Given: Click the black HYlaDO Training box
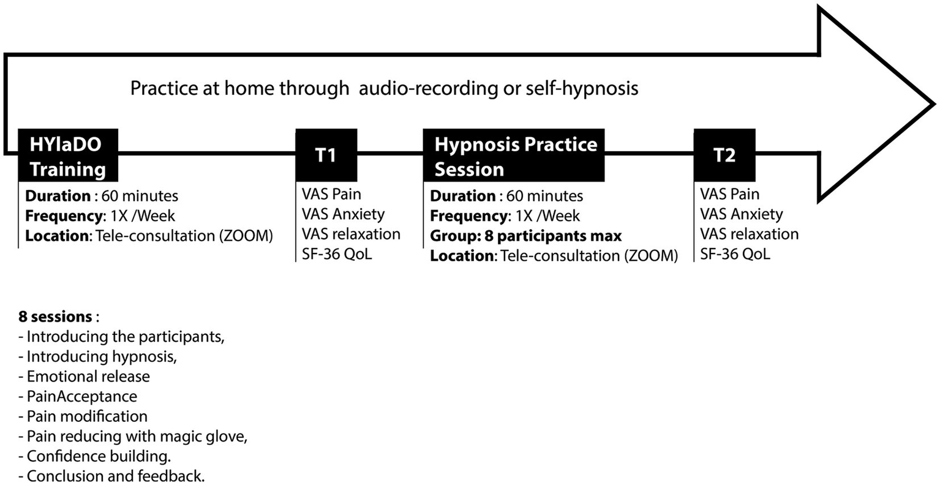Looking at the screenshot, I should point(67,156).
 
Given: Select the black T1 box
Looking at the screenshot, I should point(326,155).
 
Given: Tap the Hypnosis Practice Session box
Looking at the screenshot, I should point(513,156).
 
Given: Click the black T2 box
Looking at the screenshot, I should point(724,155).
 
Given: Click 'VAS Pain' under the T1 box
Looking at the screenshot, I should point(331,194).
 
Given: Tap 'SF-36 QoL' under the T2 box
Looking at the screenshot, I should point(735,254).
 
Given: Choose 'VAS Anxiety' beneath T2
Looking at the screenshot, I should point(741,214).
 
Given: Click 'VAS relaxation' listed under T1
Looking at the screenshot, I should point(351,234).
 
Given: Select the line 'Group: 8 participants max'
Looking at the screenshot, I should point(525,236).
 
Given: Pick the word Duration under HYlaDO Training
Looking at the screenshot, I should point(58,196).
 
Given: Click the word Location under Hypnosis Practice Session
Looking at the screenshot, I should point(462,255).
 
